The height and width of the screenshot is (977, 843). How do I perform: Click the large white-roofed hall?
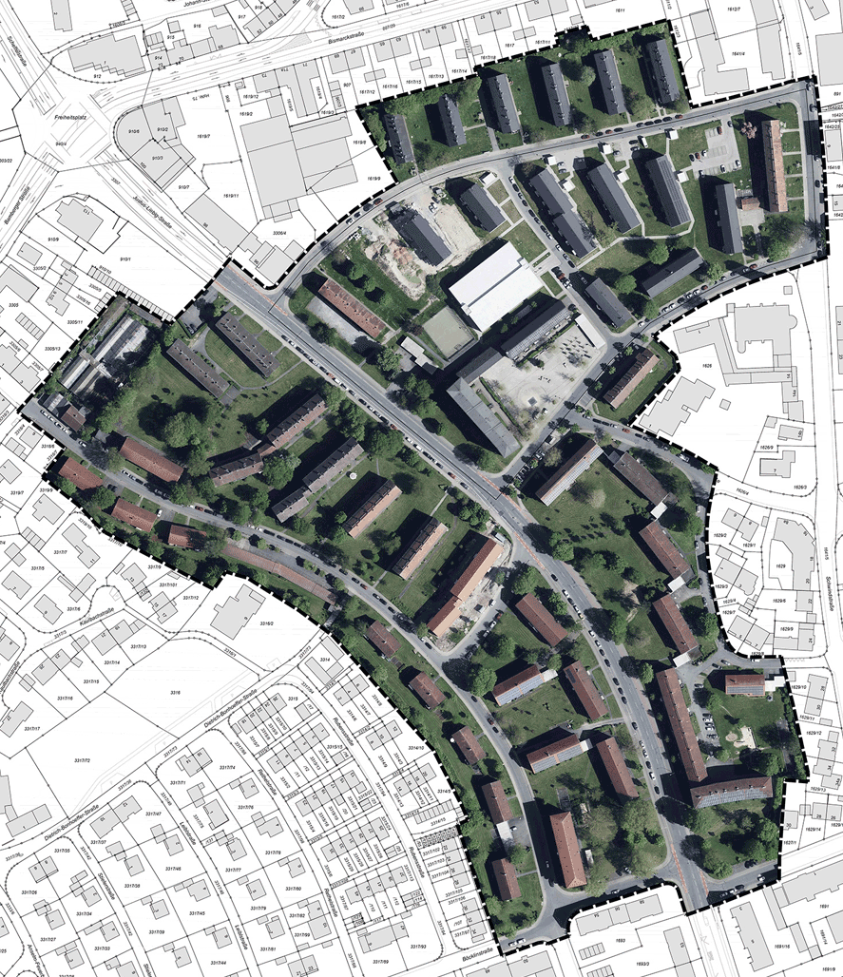[x=490, y=284]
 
